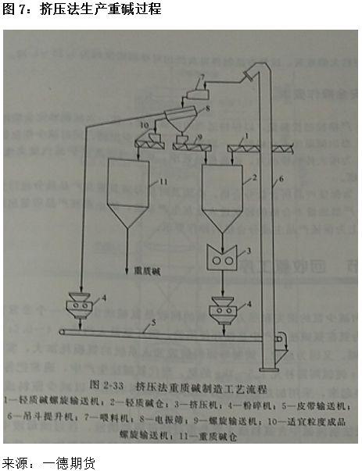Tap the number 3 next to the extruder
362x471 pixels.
249,252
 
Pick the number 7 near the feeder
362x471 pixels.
201,77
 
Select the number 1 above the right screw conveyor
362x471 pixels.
248,136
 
